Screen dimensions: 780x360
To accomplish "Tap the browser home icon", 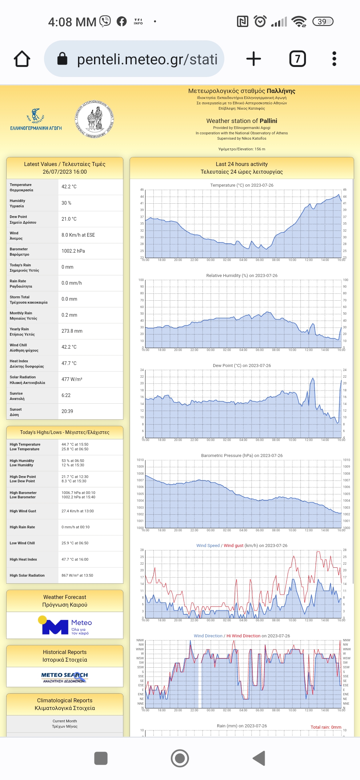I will pyautogui.click(x=22, y=59).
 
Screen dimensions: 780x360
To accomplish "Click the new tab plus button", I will pyautogui.click(x=253, y=59).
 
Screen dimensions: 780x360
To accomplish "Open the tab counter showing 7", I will pyautogui.click(x=297, y=59).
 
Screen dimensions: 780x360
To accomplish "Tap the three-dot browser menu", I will pyautogui.click(x=334, y=59).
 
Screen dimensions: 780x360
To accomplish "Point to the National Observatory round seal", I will pyautogui.click(x=94, y=119).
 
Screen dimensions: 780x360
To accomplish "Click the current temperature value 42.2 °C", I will pyautogui.click(x=69, y=187).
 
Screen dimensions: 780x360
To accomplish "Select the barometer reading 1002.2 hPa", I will pyautogui.click(x=73, y=251).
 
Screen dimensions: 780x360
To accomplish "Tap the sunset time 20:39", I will pyautogui.click(x=67, y=411).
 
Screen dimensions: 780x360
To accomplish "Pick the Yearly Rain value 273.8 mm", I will pyautogui.click(x=72, y=331).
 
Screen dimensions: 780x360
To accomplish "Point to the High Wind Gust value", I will pyautogui.click(x=78, y=511).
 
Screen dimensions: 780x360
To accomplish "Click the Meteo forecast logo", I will pyautogui.click(x=65, y=625).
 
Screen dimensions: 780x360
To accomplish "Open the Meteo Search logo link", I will pyautogui.click(x=65, y=677).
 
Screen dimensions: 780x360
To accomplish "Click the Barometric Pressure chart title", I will pyautogui.click(x=242, y=455).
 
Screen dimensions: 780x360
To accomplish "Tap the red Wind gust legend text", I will pyautogui.click(x=233, y=546).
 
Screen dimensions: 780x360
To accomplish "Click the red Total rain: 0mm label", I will pyautogui.click(x=326, y=727).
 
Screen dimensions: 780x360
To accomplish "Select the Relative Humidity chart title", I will pyautogui.click(x=242, y=275).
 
